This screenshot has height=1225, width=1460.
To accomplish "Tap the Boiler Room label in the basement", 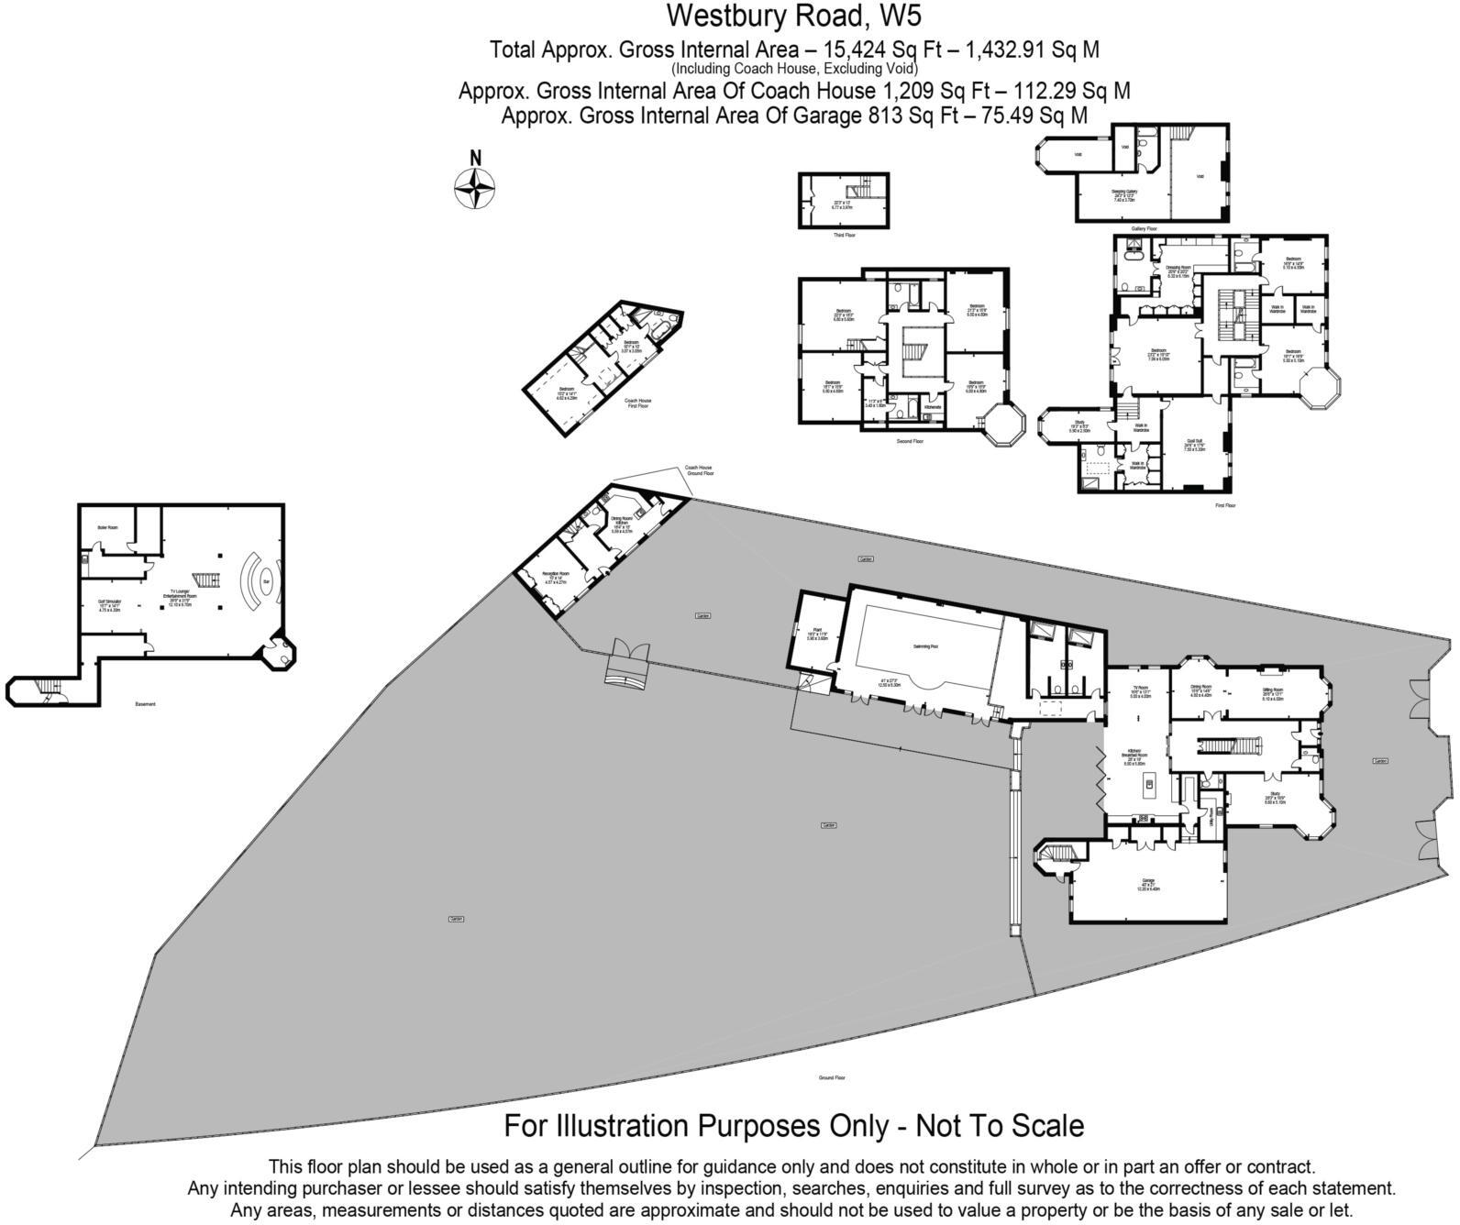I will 107,527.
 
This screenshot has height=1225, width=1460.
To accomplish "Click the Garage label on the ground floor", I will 1148,880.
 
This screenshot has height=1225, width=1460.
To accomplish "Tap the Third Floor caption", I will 844,236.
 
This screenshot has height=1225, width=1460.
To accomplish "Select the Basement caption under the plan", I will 145,704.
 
